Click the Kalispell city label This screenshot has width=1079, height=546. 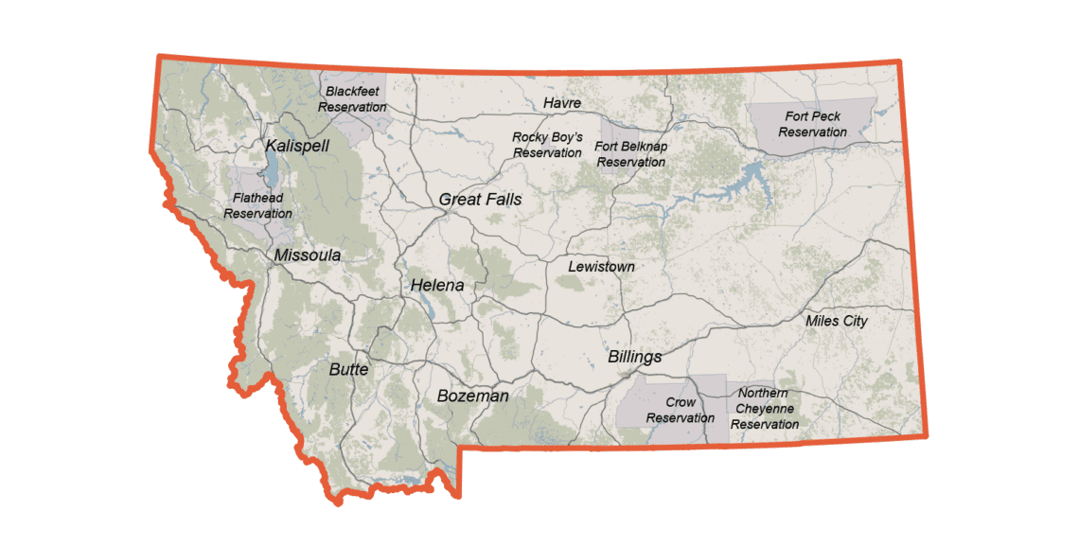297,147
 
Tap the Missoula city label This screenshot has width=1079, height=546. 307,255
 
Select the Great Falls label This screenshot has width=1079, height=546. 480,200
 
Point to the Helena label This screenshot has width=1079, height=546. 437,285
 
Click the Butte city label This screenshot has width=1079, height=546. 348,369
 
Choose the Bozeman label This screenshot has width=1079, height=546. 472,396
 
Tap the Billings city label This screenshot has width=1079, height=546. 634,357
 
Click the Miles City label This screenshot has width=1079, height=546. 836,321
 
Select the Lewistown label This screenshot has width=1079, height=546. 601,267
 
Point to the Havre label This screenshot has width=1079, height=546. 562,102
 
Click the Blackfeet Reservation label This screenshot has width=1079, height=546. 352,99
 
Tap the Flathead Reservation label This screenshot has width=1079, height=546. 257,206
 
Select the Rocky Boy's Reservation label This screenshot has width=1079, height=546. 547,145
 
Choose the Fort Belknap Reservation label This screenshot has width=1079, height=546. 631,153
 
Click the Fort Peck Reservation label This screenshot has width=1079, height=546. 812,124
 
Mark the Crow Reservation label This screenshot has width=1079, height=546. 680,410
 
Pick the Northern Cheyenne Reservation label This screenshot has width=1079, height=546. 764,409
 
